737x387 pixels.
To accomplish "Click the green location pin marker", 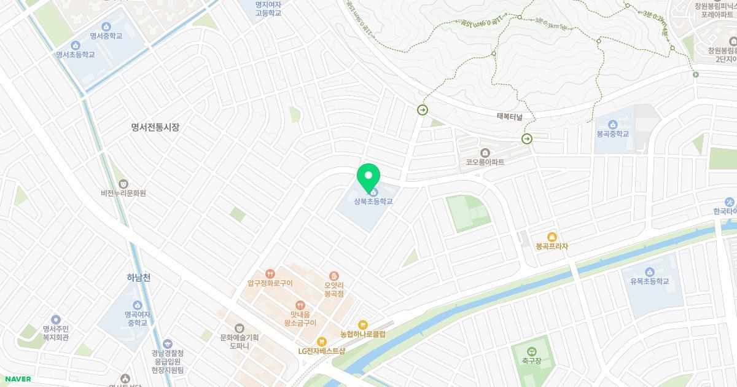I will pos(368,176).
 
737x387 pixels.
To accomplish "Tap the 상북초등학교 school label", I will pos(373,201).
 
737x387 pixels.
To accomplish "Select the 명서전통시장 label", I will pos(155,127).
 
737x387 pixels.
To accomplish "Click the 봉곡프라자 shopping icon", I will pos(552,237).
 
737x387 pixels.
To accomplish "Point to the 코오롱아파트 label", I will pos(485,162).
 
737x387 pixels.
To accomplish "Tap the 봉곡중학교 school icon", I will pos(612,125).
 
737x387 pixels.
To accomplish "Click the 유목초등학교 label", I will pos(649,281).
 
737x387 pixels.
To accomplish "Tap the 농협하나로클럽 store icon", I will pos(362,325).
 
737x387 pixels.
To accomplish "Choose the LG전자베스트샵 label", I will pos(322,351).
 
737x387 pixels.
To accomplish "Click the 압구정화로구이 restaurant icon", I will pos(270,274).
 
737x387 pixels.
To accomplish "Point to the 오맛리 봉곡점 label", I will pos(333,289).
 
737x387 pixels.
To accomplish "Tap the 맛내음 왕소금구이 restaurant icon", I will pos(300,305).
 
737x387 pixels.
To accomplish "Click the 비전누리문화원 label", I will pos(123,193).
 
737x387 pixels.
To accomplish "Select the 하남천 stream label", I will pos(138,278).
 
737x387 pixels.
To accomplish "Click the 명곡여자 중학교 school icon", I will pos(136,305).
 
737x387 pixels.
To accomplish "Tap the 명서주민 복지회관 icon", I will pos(56,319).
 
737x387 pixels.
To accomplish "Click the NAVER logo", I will pos(17,379).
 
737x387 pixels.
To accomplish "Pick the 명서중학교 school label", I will pos(106,36).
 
